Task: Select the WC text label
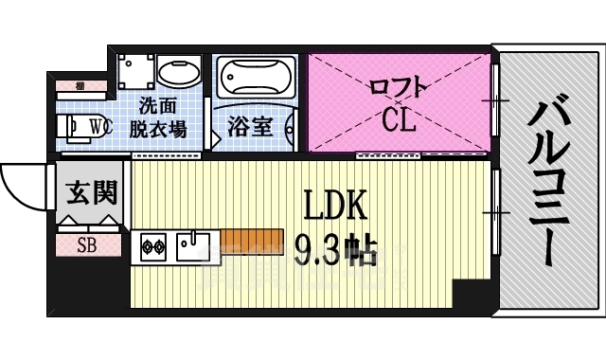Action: pyautogui.click(x=99, y=125)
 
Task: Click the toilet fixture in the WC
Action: pyautogui.click(x=76, y=125)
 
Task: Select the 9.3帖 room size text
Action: pyautogui.click(x=335, y=250)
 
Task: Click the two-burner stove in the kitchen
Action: pyautogui.click(x=153, y=248)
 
